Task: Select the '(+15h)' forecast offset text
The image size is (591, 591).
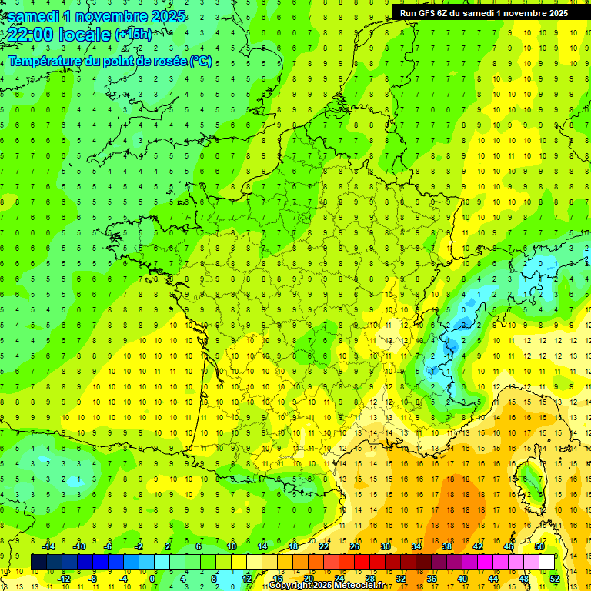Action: pos(133,35)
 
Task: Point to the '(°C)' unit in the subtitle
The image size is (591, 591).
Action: pos(200,62)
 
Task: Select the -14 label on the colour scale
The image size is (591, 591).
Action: pos(48,546)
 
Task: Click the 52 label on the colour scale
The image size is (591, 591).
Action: pos(554,579)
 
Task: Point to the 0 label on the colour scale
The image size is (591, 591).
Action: pos(152,579)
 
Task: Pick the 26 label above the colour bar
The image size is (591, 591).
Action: pos(355,546)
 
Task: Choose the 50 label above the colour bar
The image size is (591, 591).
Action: pos(539,546)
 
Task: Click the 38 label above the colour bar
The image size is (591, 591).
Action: pos(447,546)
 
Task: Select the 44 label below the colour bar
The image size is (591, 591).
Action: pos(493,579)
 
